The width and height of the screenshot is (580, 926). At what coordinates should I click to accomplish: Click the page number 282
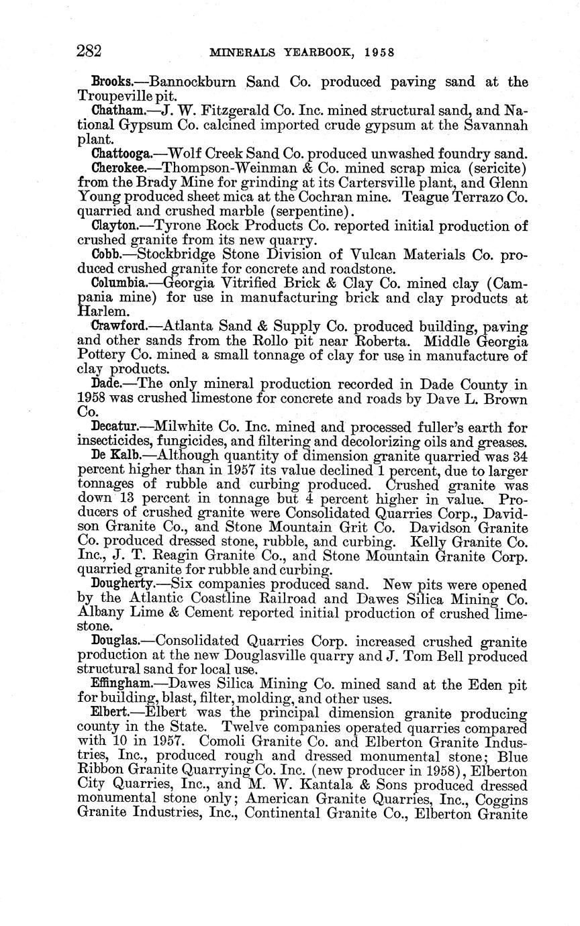click(89, 51)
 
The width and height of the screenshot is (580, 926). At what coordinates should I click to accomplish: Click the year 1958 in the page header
click(378, 52)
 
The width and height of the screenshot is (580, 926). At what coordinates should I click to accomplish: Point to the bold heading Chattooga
click(121, 153)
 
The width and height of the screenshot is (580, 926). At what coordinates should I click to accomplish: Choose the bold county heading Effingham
click(122, 684)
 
